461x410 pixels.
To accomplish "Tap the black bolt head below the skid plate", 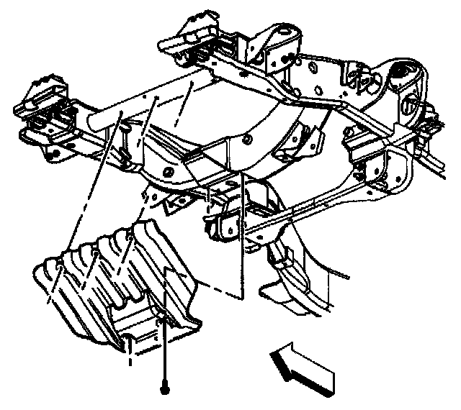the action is coord(166,389).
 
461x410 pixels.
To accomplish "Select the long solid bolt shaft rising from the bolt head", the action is coord(166,352).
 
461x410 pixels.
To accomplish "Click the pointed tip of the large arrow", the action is coord(272,353).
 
